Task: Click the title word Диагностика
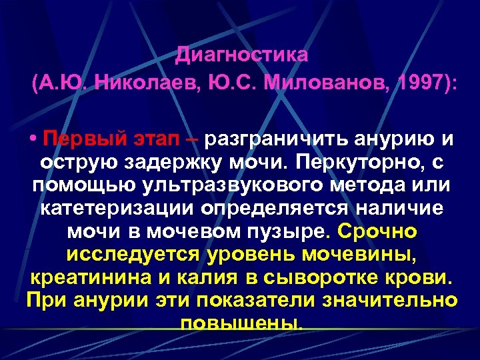242,55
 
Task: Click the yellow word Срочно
378,231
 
